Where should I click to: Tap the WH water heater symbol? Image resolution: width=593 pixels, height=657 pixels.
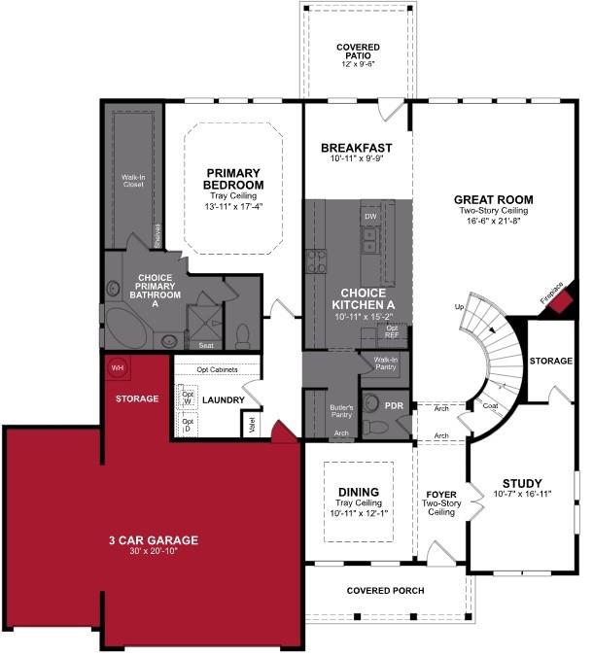pos(118,367)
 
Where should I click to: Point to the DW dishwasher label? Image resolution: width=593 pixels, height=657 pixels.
pos(369,216)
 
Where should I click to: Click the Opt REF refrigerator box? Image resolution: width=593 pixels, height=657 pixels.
pos(392,331)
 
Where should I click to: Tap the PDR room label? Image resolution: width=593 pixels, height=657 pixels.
pos(394,405)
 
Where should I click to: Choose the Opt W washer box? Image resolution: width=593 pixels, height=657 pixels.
pos(188,398)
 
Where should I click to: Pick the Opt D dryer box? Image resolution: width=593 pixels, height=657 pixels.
pos(188,424)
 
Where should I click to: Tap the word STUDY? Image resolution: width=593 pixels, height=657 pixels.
pos(522,483)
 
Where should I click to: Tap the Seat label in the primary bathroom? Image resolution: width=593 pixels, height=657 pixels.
pos(206,345)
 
